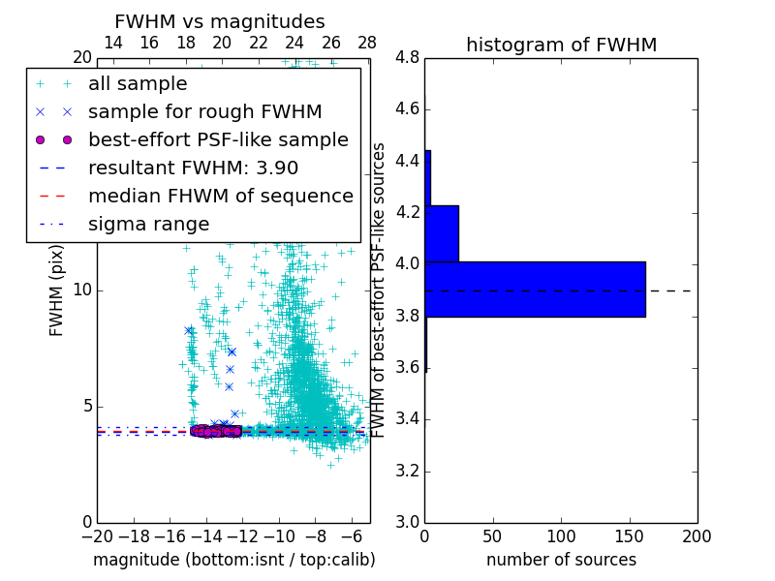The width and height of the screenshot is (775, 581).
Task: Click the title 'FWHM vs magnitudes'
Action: [220, 21]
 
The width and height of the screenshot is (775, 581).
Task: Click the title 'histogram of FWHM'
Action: [561, 45]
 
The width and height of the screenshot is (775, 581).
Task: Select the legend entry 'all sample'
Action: [138, 83]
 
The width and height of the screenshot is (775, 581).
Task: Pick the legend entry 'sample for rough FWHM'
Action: [204, 111]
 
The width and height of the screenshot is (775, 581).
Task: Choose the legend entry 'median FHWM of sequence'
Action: [220, 196]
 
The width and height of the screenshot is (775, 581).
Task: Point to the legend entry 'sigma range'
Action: [148, 224]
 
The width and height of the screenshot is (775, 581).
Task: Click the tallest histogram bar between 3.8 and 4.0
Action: [535, 290]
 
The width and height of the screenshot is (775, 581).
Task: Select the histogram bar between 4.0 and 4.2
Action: [442, 233]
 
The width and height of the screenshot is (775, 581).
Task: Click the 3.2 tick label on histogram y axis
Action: [407, 471]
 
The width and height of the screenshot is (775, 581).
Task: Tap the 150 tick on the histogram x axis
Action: [629, 535]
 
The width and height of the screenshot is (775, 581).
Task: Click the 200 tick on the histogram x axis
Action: [697, 535]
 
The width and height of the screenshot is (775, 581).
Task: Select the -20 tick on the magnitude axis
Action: [97, 535]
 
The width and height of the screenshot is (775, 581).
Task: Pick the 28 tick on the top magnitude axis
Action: [367, 43]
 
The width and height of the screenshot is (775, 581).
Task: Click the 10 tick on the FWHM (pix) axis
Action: [82, 290]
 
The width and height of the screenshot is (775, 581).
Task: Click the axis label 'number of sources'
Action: [561, 560]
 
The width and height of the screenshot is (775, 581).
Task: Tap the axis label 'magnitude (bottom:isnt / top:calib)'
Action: [233, 560]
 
